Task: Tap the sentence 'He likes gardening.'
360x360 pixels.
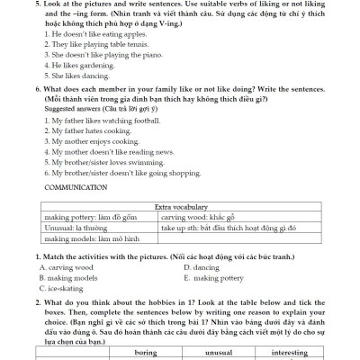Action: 73,65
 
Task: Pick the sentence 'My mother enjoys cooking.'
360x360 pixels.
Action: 80,141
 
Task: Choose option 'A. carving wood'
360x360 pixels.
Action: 67,267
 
